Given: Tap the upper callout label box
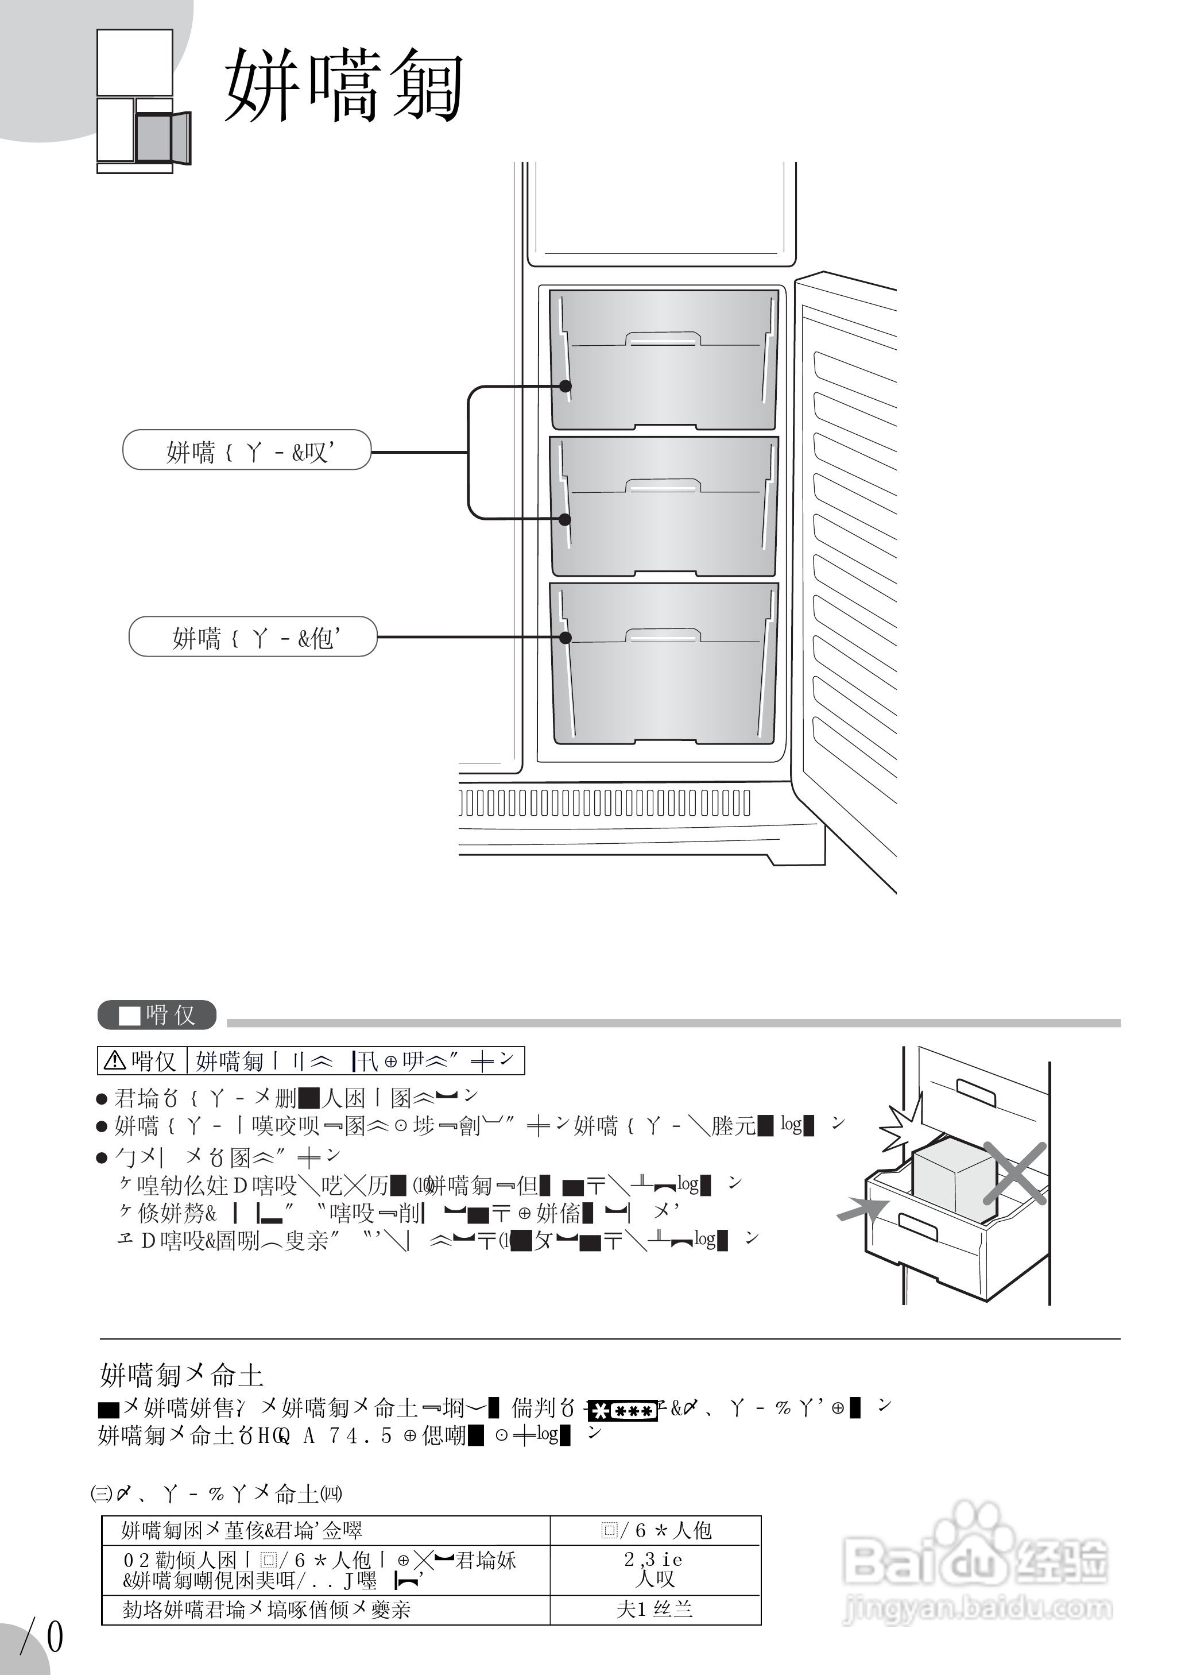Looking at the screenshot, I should tap(247, 450).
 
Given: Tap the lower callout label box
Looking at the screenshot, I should tap(253, 636).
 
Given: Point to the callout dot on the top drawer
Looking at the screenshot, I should tap(565, 386).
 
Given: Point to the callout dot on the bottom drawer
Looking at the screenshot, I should tap(565, 637).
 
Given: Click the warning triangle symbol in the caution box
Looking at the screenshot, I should tap(115, 1060).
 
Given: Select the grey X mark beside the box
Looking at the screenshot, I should tap(1015, 1173).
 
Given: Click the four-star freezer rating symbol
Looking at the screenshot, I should tap(622, 1411).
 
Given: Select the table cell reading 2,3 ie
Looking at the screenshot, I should tap(654, 1560).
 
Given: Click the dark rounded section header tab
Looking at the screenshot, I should tap(157, 1015).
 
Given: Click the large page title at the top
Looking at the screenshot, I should tap(343, 86).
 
